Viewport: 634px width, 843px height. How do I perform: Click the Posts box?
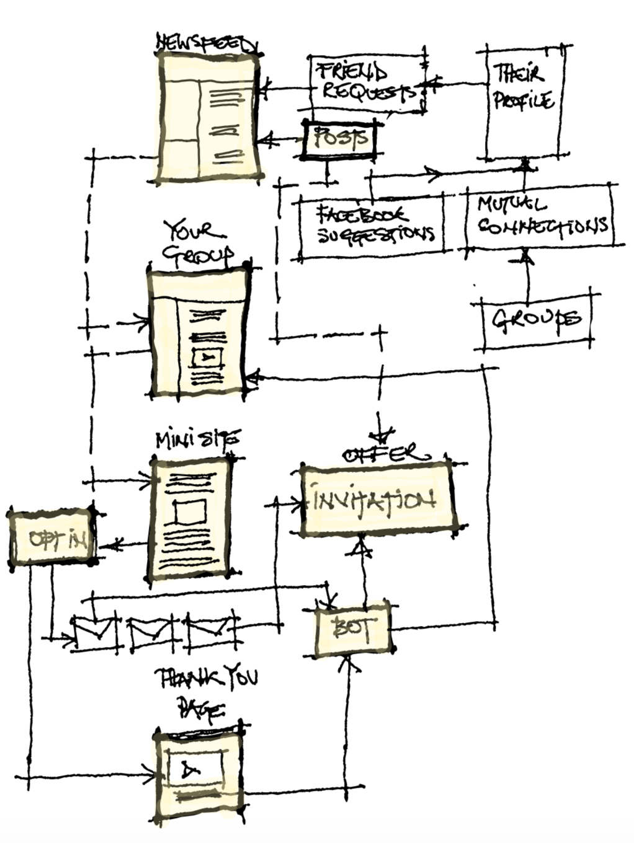coord(340,138)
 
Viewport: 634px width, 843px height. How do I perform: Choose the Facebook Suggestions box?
coord(372,225)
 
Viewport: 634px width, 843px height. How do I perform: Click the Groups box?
coord(537,319)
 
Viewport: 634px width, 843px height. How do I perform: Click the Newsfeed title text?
coord(207,43)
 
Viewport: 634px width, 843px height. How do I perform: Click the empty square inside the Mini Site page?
coord(190,512)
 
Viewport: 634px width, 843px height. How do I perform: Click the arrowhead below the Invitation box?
coord(364,549)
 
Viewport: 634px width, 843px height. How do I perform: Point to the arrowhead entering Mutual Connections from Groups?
coord(527,255)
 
